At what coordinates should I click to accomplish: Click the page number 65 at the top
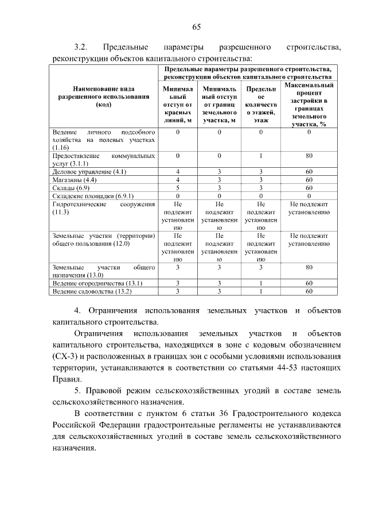point(196,27)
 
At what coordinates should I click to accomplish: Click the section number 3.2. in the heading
point(81,47)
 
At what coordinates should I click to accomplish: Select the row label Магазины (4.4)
point(74,180)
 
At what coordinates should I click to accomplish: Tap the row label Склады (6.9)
point(71,188)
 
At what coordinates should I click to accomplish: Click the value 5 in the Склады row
point(178,188)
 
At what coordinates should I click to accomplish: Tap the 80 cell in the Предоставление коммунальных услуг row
point(309,156)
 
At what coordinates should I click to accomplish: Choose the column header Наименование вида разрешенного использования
point(103,97)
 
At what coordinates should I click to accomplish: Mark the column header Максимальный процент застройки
point(309,104)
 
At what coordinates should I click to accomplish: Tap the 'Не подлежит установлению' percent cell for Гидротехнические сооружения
point(309,208)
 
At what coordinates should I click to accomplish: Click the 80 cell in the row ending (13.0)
point(309,267)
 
